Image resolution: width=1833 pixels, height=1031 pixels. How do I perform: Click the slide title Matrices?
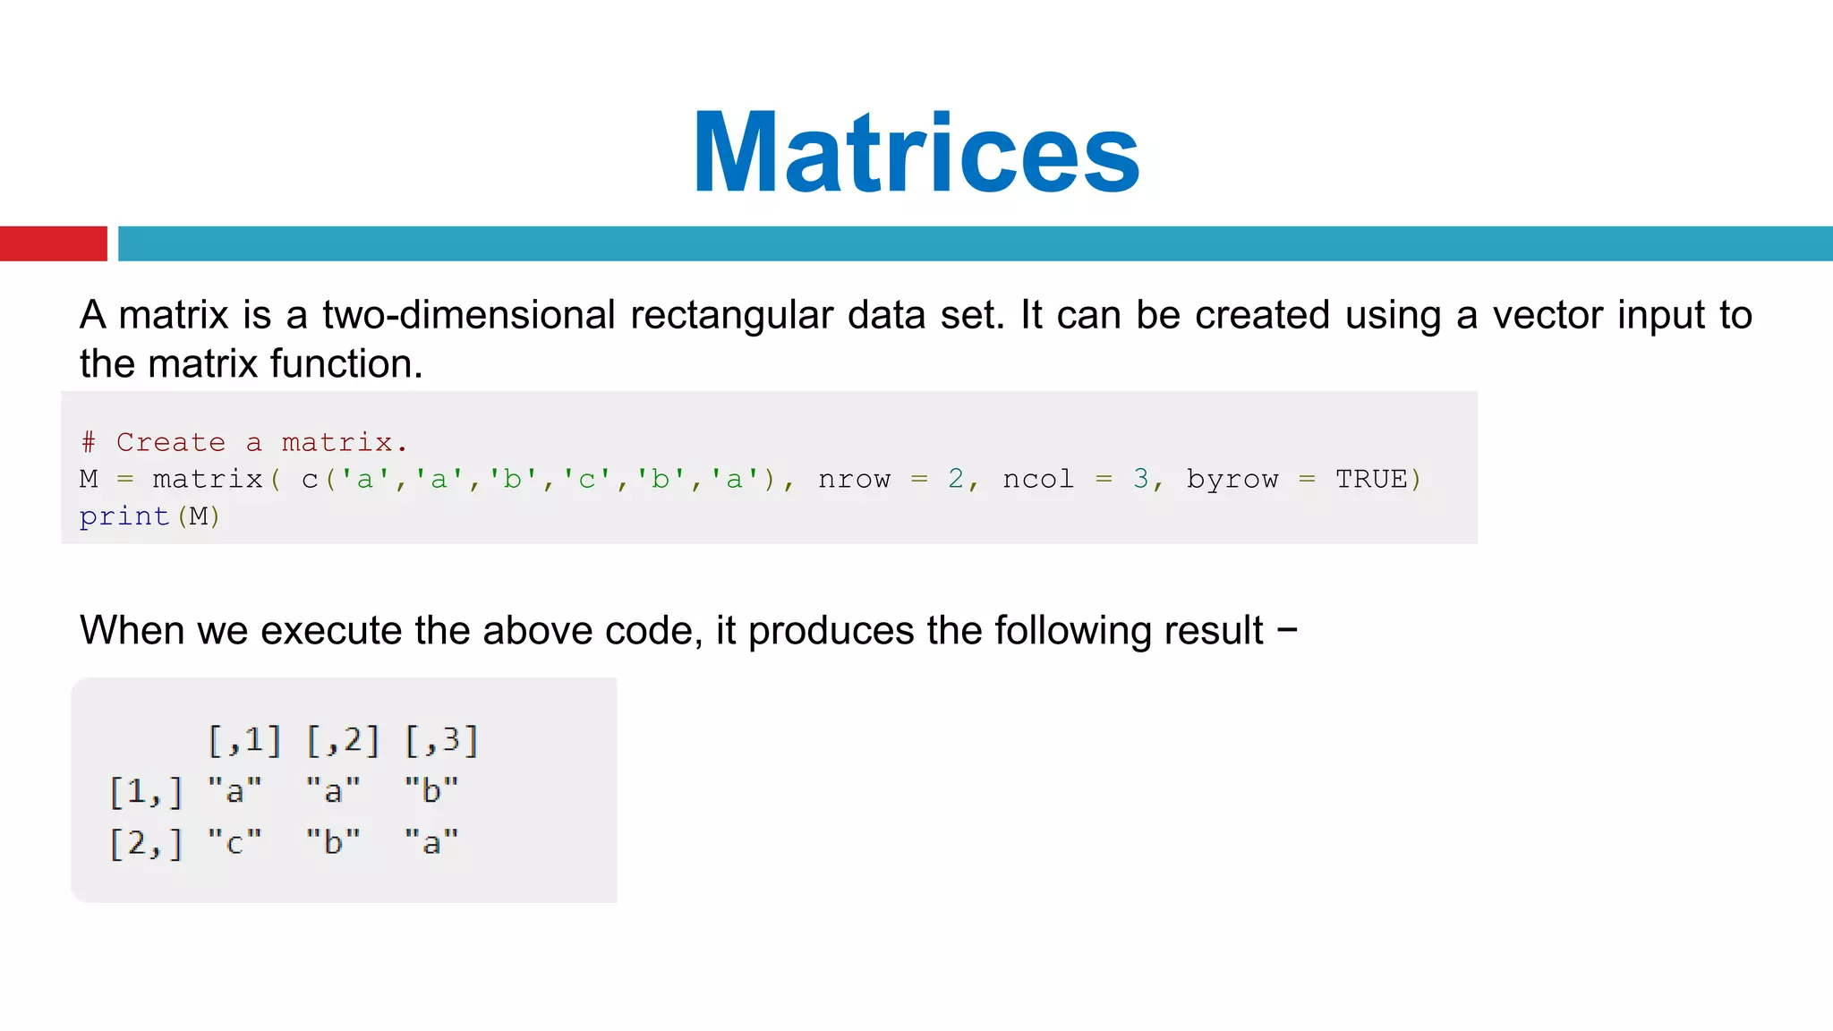916,152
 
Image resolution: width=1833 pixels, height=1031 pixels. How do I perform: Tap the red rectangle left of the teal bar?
53,243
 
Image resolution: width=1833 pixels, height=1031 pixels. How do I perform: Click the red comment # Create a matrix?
243,442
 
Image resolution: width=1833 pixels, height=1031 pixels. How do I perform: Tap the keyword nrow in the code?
854,480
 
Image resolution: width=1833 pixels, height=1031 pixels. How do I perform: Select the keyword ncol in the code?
1037,480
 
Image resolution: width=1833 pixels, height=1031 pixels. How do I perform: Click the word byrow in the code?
1232,480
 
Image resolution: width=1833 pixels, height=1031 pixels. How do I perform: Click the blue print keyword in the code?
124,516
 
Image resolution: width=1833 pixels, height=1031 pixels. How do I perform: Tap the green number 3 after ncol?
1140,479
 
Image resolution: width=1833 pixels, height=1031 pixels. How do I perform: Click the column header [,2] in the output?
343,740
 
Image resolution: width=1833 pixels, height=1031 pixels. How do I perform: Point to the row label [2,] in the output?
146,843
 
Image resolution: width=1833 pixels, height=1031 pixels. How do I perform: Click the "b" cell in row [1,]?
431,791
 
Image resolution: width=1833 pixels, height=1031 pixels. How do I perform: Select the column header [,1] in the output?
244,740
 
